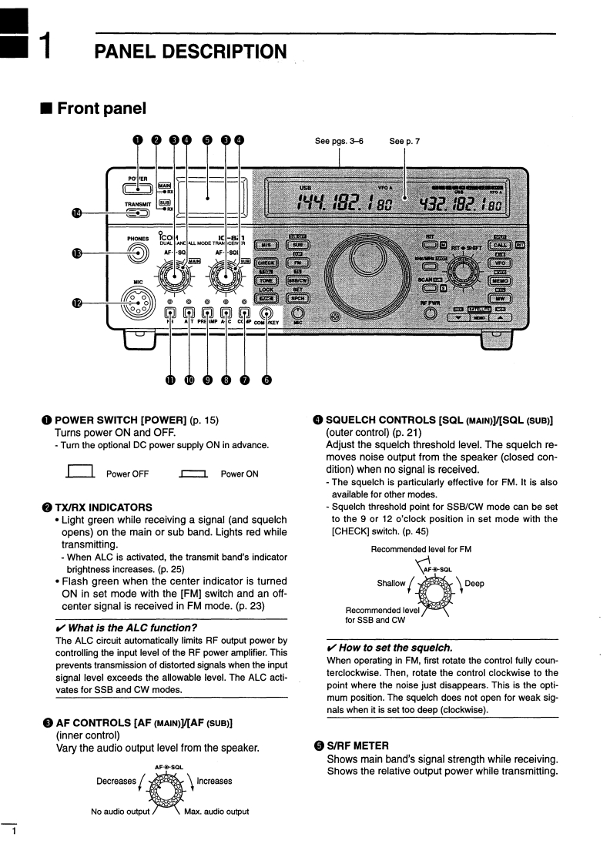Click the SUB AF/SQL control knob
tap(225, 273)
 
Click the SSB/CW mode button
tap(298, 280)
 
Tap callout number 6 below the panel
tap(266, 379)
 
